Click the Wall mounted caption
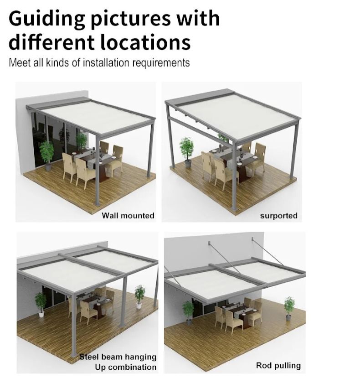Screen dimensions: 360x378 128,215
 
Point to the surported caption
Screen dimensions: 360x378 279,216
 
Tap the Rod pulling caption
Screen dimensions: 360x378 278,366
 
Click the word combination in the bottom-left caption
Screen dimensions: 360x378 125,367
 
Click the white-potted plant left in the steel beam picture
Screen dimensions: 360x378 41,304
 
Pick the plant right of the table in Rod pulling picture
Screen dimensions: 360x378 289,309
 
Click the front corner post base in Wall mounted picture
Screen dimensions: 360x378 97,204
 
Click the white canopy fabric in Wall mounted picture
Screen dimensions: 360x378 97,116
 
